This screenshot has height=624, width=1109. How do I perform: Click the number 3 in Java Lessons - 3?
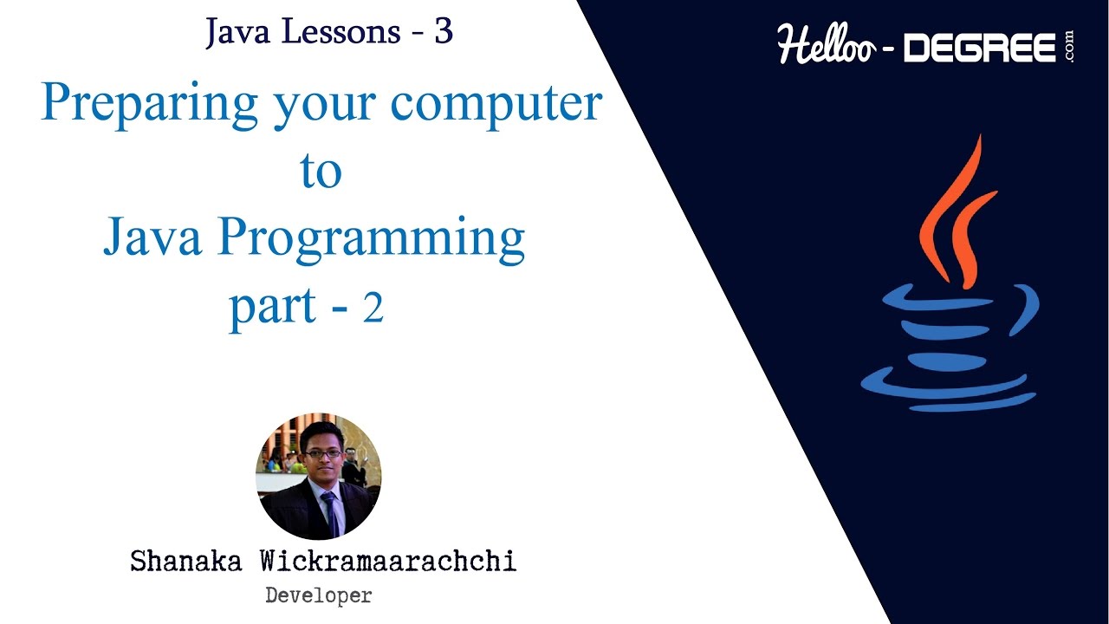coord(444,32)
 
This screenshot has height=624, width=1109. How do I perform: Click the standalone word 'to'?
coord(321,172)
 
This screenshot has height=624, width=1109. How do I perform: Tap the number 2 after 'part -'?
coord(373,309)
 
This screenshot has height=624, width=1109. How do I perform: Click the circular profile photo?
coord(318,477)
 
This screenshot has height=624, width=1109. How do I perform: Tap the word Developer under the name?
coord(318,595)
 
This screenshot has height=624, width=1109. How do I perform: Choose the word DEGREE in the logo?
coord(980,49)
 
